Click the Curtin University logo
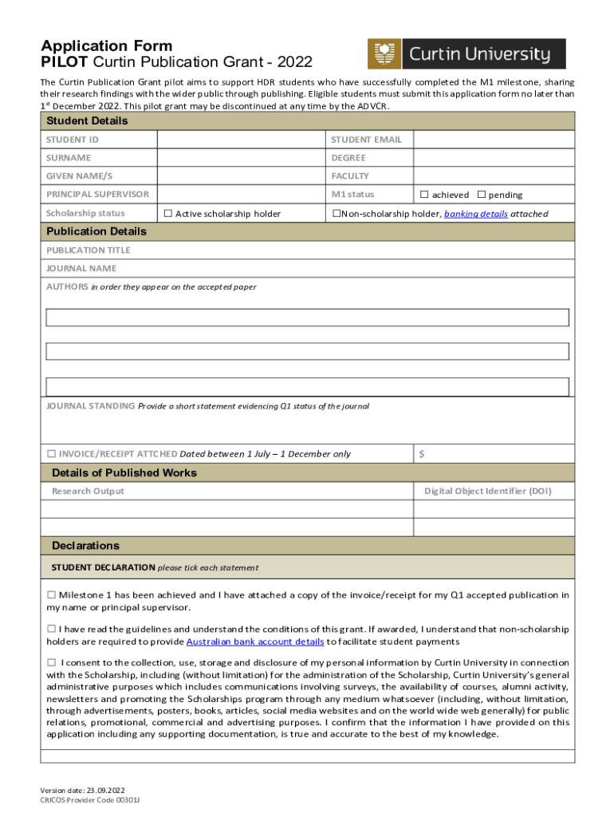[466, 54]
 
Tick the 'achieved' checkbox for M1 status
[424, 195]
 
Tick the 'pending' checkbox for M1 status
[482, 195]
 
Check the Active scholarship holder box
[167, 213]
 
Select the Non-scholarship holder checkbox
[336, 213]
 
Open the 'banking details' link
[475, 214]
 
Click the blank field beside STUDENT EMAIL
[493, 140]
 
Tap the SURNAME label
[69, 158]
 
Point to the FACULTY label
[350, 176]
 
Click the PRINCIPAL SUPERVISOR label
[97, 195]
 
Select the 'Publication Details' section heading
[96, 231]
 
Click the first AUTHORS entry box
[307, 318]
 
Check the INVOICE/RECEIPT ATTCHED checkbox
[51, 454]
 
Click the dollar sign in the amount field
[422, 454]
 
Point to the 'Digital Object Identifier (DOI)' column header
[487, 491]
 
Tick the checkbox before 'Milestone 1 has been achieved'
[51, 594]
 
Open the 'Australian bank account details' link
[254, 641]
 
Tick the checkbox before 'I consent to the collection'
[51, 662]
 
